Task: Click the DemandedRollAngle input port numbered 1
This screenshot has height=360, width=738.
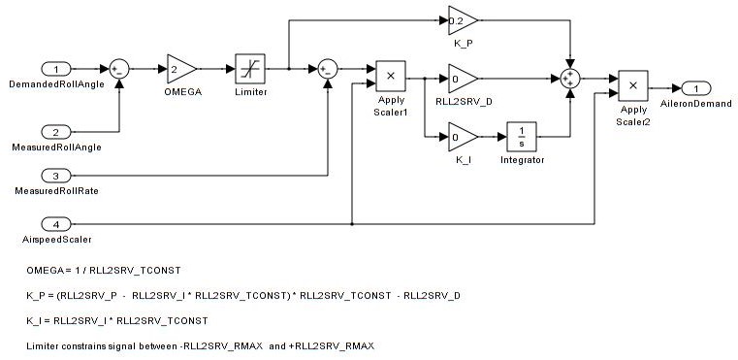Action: [x=56, y=70]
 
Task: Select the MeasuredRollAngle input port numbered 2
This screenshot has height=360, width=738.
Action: [x=56, y=132]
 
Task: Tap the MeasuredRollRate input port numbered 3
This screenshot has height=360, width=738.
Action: [x=56, y=176]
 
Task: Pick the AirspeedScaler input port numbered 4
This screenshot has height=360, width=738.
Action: [x=56, y=224]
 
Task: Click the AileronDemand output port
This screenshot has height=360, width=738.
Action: [x=696, y=88]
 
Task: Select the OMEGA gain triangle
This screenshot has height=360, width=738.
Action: [x=180, y=70]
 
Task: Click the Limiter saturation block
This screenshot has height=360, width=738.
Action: [x=250, y=69]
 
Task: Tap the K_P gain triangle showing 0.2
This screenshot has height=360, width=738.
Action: [x=463, y=20]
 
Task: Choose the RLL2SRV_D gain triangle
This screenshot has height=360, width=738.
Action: [x=463, y=79]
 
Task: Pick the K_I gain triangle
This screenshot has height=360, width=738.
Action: [x=463, y=137]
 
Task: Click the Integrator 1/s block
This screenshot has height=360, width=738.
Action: [x=522, y=137]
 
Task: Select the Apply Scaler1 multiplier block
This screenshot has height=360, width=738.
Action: [x=390, y=76]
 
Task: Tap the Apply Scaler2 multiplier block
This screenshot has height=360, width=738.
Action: [x=633, y=85]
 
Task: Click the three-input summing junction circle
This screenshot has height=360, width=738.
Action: [x=570, y=79]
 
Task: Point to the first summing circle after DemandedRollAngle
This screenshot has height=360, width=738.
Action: [x=119, y=69]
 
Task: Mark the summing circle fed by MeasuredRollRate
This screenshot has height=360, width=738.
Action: [x=328, y=69]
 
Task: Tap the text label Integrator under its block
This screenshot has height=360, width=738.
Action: [x=522, y=160]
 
